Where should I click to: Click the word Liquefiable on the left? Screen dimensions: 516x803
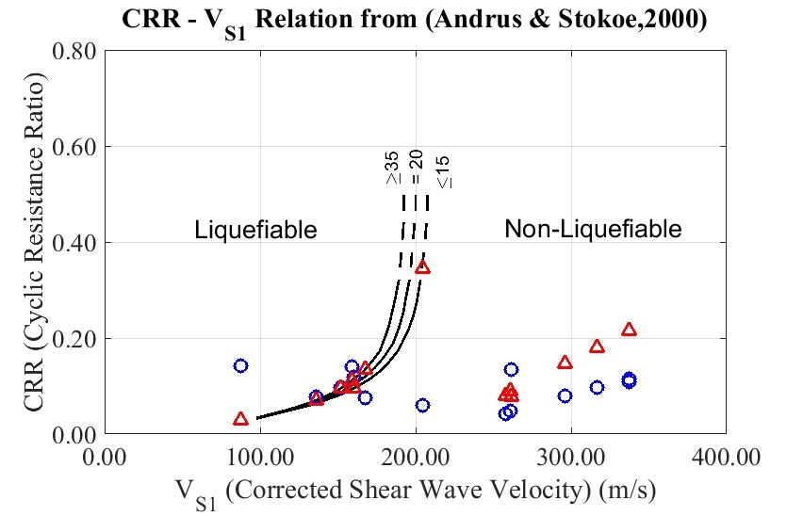(x=255, y=230)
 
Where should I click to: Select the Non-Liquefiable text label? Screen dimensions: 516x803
(x=593, y=229)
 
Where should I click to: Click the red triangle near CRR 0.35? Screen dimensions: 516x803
(x=422, y=266)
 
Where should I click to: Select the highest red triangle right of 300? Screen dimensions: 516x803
(x=629, y=330)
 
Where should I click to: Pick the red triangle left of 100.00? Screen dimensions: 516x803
(x=240, y=418)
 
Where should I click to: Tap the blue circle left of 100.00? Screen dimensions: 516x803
(x=240, y=365)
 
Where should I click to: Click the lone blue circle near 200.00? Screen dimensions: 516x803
(x=422, y=405)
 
